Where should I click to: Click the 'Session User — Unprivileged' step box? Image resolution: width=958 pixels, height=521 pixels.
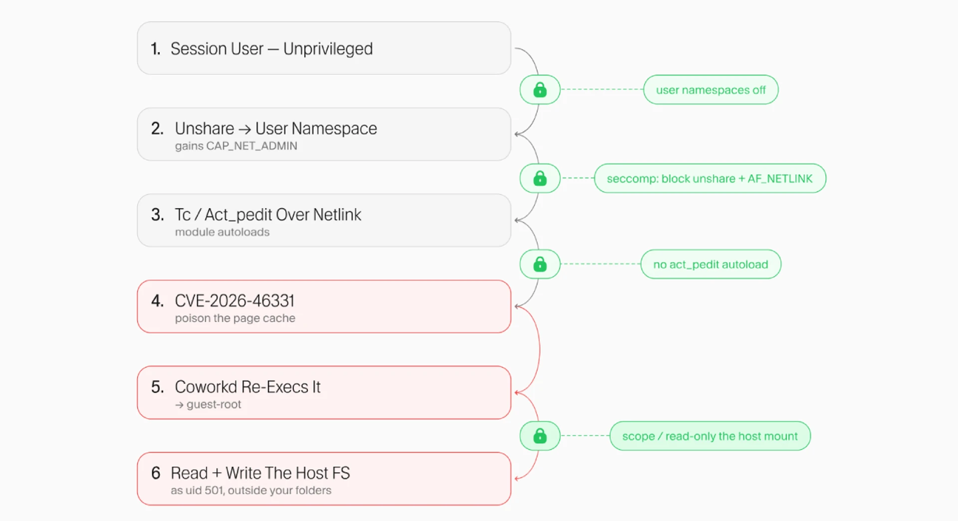click(324, 48)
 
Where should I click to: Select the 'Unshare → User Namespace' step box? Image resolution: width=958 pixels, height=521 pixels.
click(324, 134)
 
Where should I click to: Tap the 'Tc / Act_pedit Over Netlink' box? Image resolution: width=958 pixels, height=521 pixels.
click(324, 220)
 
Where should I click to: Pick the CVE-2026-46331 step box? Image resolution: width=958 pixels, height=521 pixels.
click(324, 306)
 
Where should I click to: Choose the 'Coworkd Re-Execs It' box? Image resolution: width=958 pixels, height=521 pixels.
click(324, 392)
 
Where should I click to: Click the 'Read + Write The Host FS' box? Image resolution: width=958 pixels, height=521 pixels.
click(324, 479)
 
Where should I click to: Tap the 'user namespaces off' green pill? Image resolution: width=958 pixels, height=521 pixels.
click(711, 90)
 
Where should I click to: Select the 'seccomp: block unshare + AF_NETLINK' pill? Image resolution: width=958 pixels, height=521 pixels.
click(710, 178)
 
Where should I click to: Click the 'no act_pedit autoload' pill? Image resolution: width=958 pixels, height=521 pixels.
click(711, 264)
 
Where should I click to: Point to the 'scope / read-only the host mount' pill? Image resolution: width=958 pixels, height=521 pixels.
click(710, 436)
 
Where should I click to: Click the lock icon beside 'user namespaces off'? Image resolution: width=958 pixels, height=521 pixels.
click(540, 90)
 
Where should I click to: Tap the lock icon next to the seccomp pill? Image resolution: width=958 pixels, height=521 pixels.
click(540, 178)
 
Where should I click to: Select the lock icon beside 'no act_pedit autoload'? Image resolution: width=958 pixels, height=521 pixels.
click(540, 264)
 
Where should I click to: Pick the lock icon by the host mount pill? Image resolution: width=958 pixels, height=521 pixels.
click(540, 436)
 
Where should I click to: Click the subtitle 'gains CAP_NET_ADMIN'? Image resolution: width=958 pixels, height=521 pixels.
click(236, 146)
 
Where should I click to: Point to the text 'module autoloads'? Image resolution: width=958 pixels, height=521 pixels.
click(222, 232)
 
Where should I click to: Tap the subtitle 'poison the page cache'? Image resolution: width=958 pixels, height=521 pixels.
click(235, 318)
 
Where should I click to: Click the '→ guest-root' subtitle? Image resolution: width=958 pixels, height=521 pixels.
click(208, 404)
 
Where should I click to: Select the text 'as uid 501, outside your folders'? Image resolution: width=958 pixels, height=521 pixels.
click(251, 491)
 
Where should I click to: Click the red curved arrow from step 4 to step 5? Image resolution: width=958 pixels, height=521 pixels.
click(540, 349)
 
